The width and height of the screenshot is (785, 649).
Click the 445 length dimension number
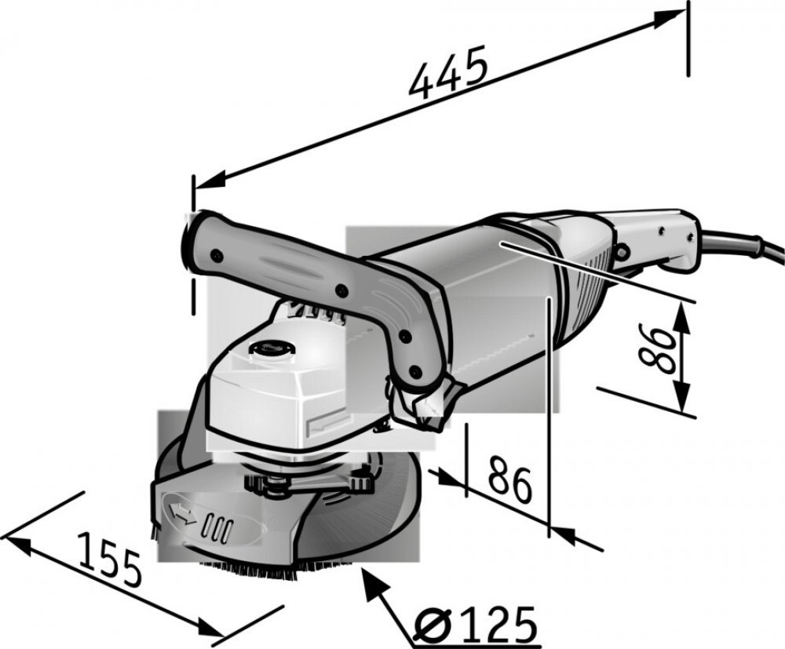tap(448, 72)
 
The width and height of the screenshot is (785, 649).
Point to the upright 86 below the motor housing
tap(509, 479)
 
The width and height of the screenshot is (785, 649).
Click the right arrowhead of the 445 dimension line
tap(668, 19)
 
